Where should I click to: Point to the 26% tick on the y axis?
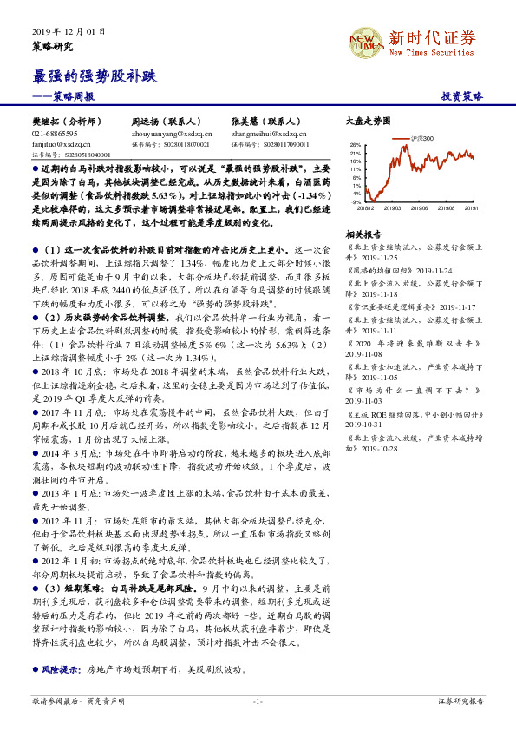click(356, 145)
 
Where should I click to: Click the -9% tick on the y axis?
click(356, 201)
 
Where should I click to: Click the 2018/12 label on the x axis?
click(366, 208)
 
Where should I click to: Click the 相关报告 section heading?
click(363, 234)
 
